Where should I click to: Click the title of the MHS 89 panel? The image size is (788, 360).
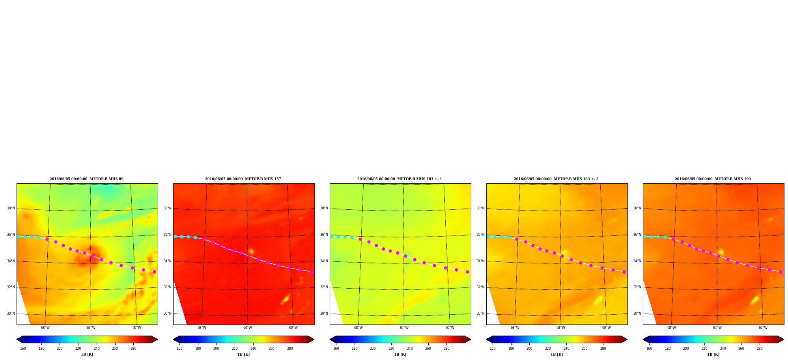coord(86,179)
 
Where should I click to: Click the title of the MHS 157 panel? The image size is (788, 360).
coord(243,179)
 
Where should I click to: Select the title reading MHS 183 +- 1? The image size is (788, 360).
coord(400,179)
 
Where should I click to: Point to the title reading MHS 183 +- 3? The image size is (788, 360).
coord(556,179)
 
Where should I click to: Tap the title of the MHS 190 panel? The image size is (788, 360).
coord(713,179)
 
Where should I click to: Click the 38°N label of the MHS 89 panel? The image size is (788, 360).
coord(11,208)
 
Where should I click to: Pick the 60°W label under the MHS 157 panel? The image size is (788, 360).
coord(293,328)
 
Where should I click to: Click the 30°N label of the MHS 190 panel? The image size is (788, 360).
coord(637,313)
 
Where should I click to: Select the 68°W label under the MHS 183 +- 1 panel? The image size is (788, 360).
coord(358,328)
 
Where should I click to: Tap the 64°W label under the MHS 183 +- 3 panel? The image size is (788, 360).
coord(560,328)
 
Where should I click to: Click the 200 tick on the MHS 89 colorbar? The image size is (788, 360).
coord(60,349)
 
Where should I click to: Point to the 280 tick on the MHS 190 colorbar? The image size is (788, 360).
coord(760,349)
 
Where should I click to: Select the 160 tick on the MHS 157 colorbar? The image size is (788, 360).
coord(179,349)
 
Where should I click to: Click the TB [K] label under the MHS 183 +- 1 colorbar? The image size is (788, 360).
coord(400,354)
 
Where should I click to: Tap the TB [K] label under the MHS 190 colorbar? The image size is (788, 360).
coord(713,354)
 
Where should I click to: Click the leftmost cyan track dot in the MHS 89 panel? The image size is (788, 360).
coord(19,236)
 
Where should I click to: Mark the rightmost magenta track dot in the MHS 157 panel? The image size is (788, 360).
coord(311,272)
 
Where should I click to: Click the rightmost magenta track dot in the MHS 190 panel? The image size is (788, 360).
coord(781,272)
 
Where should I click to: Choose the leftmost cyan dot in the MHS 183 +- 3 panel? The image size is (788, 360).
coord(488,236)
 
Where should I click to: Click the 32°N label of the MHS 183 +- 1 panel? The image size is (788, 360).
coord(324,287)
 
